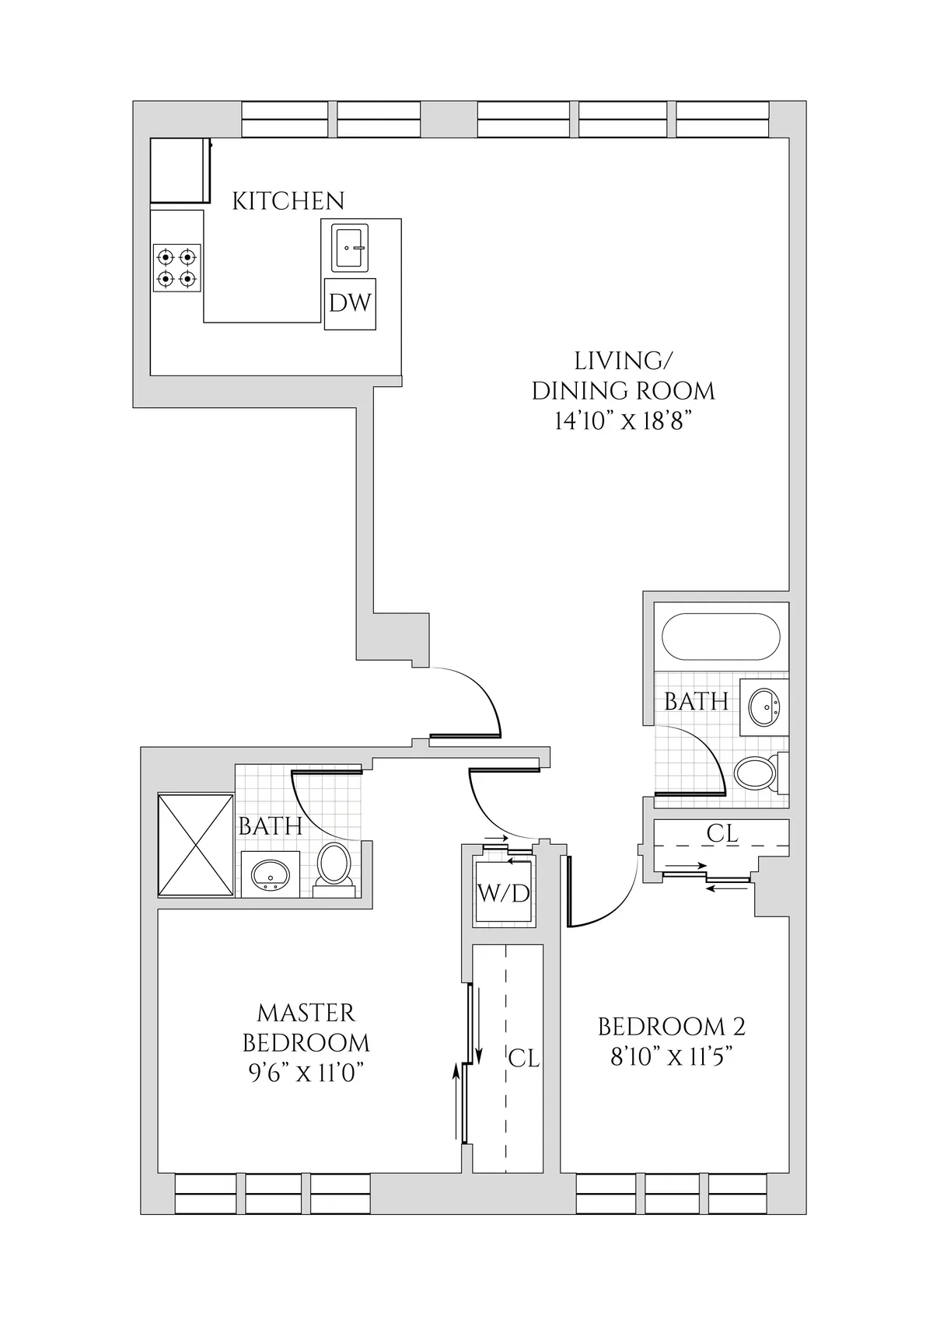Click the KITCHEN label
click(288, 201)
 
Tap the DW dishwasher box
click(350, 303)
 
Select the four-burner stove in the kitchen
click(177, 267)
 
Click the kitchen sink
click(349, 248)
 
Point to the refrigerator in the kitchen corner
click(180, 171)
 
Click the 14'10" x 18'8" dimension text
click(623, 421)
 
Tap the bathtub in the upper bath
click(720, 637)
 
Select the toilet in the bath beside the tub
click(755, 773)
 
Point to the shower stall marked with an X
click(196, 844)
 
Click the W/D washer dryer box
click(504, 893)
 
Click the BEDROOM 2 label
click(671, 1027)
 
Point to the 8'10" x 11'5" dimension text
click(672, 1057)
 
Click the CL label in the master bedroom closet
click(523, 1058)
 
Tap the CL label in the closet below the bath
click(722, 833)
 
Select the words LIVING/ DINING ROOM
click(623, 375)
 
